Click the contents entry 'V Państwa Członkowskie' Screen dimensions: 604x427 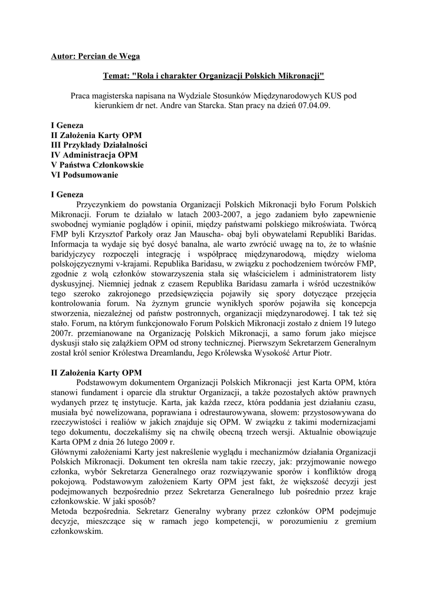click(97, 165)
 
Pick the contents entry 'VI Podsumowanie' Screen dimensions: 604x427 click(84, 175)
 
